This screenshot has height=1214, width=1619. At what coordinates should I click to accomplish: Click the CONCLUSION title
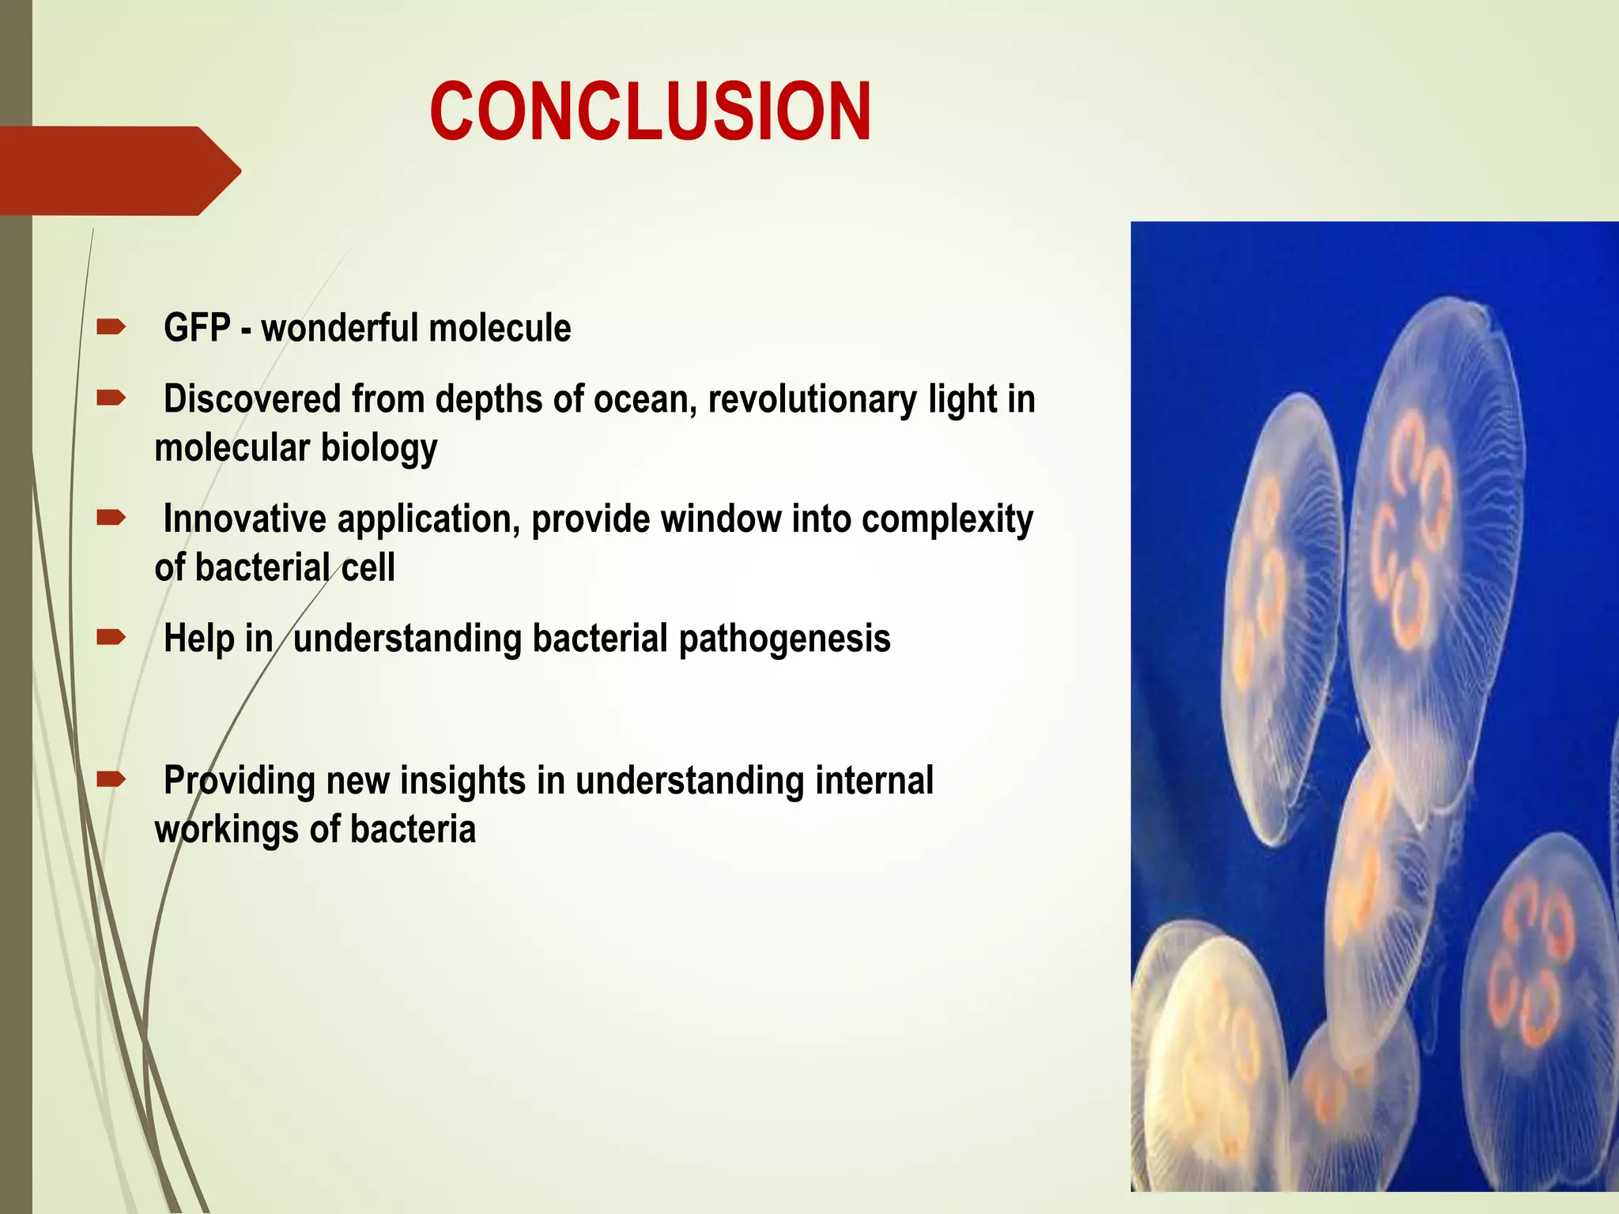click(650, 112)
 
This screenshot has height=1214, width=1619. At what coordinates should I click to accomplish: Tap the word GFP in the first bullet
click(197, 328)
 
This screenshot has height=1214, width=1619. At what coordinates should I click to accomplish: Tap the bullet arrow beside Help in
click(111, 637)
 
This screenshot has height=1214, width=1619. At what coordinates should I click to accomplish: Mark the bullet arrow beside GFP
click(111, 326)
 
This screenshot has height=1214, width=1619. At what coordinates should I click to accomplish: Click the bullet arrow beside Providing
click(111, 780)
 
